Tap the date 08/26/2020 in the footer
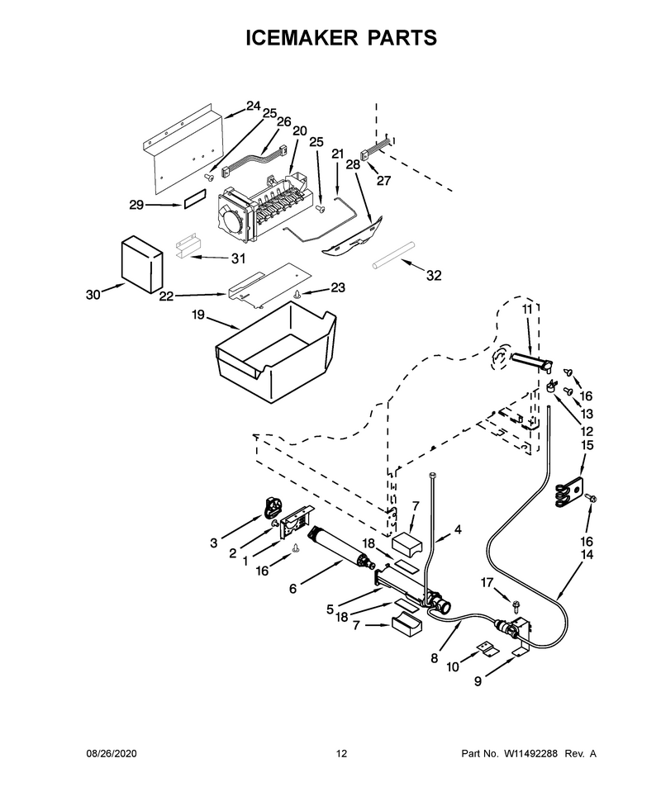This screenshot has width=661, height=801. click(111, 753)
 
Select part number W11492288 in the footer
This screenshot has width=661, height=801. click(530, 753)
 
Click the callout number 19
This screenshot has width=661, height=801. click(198, 315)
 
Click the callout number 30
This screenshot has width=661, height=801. click(93, 295)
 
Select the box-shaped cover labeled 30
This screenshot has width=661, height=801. click(142, 264)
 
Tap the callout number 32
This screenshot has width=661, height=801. click(434, 275)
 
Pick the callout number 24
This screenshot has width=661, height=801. click(253, 106)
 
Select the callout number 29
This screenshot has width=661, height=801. click(136, 205)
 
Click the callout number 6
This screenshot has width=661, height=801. click(292, 589)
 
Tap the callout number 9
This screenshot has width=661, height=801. click(478, 681)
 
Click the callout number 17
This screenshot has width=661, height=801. click(487, 582)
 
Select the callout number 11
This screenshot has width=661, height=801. click(527, 309)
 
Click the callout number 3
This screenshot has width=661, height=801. click(214, 543)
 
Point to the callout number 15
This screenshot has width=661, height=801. click(587, 445)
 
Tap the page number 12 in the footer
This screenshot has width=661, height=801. click(341, 753)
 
